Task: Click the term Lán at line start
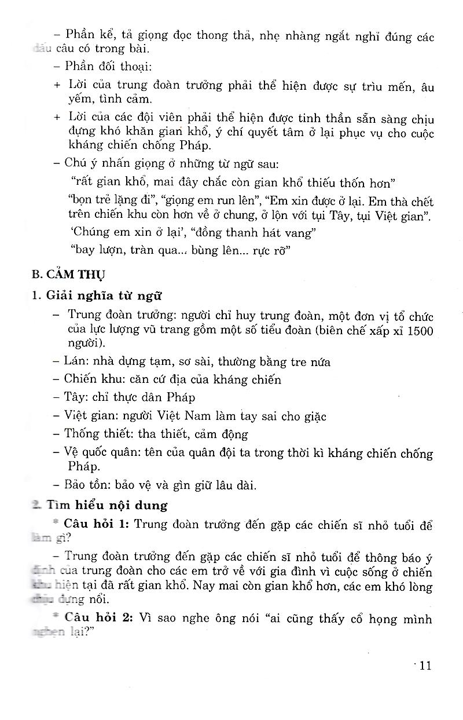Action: click(x=78, y=361)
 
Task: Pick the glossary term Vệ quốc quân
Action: click(x=100, y=453)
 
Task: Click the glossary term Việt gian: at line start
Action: click(x=90, y=416)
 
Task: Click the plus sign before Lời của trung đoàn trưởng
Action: click(x=56, y=85)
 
